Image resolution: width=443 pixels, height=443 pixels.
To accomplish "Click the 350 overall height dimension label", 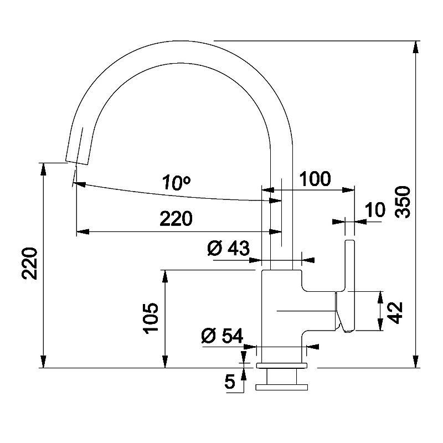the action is (x=403, y=202).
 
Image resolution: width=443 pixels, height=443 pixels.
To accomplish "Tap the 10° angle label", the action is (x=177, y=183).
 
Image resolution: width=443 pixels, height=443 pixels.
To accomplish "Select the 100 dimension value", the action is (x=315, y=178).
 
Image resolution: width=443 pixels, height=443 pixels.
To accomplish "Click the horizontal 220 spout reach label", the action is (x=176, y=218).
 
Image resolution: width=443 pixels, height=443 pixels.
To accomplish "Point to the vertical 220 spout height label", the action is (x=30, y=264).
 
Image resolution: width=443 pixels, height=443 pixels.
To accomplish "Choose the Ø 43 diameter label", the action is (x=228, y=248).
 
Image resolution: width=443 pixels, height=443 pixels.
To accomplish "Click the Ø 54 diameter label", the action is (x=223, y=336).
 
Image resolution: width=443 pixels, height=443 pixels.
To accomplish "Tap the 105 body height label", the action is (x=150, y=318).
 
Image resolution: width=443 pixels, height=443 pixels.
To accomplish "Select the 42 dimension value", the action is (x=395, y=312).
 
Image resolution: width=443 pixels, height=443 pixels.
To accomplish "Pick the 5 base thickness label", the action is (x=230, y=382).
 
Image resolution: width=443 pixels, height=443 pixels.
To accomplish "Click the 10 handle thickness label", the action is (x=375, y=210).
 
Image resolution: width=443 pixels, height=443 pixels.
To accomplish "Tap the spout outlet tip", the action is (x=77, y=162).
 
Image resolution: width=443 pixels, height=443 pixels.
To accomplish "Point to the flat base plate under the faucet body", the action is (x=281, y=365).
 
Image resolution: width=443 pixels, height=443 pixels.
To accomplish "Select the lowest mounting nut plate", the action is (x=281, y=387).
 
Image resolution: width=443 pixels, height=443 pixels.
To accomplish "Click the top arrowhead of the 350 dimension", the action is (x=415, y=48).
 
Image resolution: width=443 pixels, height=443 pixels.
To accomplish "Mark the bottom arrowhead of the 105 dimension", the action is (x=165, y=362).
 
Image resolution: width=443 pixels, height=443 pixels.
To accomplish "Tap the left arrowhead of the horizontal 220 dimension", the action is (x=83, y=232).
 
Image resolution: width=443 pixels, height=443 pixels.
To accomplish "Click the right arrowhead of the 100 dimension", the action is (x=348, y=190).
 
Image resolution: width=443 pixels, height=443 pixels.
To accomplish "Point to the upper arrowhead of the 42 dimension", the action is (x=380, y=297).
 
